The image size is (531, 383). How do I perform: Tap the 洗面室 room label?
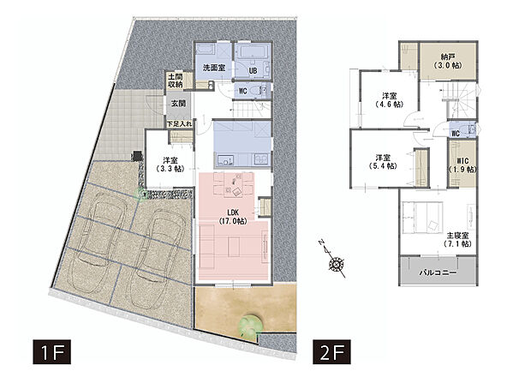tap(214, 67)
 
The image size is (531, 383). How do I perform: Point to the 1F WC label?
tap(242, 91)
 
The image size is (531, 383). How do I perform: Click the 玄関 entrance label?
tap(177, 104)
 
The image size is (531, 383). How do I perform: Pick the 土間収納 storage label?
tap(176, 81)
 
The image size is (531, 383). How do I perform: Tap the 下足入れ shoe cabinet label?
tap(179, 124)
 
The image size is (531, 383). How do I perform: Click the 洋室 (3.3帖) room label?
tap(169, 165)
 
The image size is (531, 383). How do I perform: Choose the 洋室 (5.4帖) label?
tap(382, 162)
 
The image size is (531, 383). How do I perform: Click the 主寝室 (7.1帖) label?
tap(457, 239)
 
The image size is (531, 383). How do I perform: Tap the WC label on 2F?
tap(456, 134)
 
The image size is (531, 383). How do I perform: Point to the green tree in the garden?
tap(250, 324)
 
